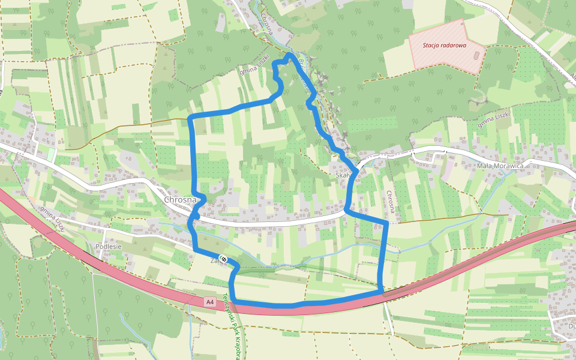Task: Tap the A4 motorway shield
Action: click(209, 302)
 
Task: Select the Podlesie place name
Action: click(108, 247)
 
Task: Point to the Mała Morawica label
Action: click(500, 166)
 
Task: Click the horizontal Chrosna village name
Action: click(180, 200)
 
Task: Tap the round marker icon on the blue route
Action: click(223, 259)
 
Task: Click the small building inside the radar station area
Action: click(477, 56)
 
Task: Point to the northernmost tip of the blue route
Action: click(289, 55)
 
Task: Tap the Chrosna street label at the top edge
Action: click(266, 24)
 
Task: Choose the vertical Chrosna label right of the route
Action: click(391, 202)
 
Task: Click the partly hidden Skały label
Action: click(342, 175)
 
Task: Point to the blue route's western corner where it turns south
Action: click(190, 118)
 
